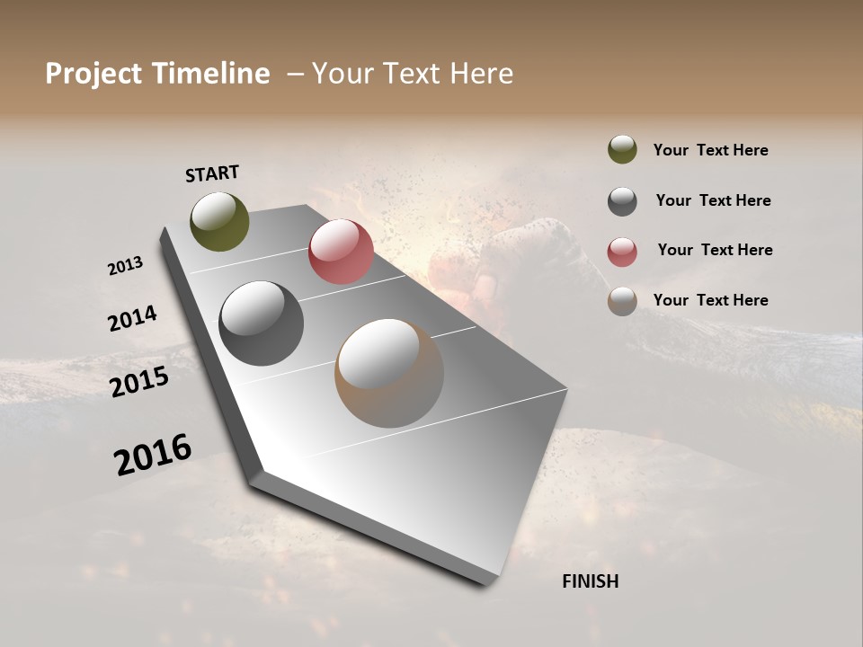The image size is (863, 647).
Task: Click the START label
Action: (x=212, y=173)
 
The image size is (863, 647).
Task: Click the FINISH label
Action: (x=590, y=581)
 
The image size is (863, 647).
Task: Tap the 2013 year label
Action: (x=125, y=266)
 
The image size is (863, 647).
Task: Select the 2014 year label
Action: (x=132, y=319)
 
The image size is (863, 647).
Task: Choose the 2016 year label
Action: (x=153, y=455)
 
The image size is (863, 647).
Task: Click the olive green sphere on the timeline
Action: (x=219, y=221)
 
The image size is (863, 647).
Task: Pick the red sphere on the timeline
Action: (x=341, y=252)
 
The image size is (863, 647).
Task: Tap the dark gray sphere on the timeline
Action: (x=261, y=323)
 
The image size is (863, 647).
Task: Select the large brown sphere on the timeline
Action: (x=389, y=373)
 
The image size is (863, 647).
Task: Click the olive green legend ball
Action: (x=622, y=149)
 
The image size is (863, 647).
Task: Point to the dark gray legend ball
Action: (x=622, y=201)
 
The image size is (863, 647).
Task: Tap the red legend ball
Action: (x=622, y=252)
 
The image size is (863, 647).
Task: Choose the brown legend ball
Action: (x=622, y=301)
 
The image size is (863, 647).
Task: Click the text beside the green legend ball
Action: (x=710, y=151)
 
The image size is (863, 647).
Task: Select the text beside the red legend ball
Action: (x=715, y=250)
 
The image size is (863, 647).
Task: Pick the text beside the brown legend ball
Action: (x=710, y=300)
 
